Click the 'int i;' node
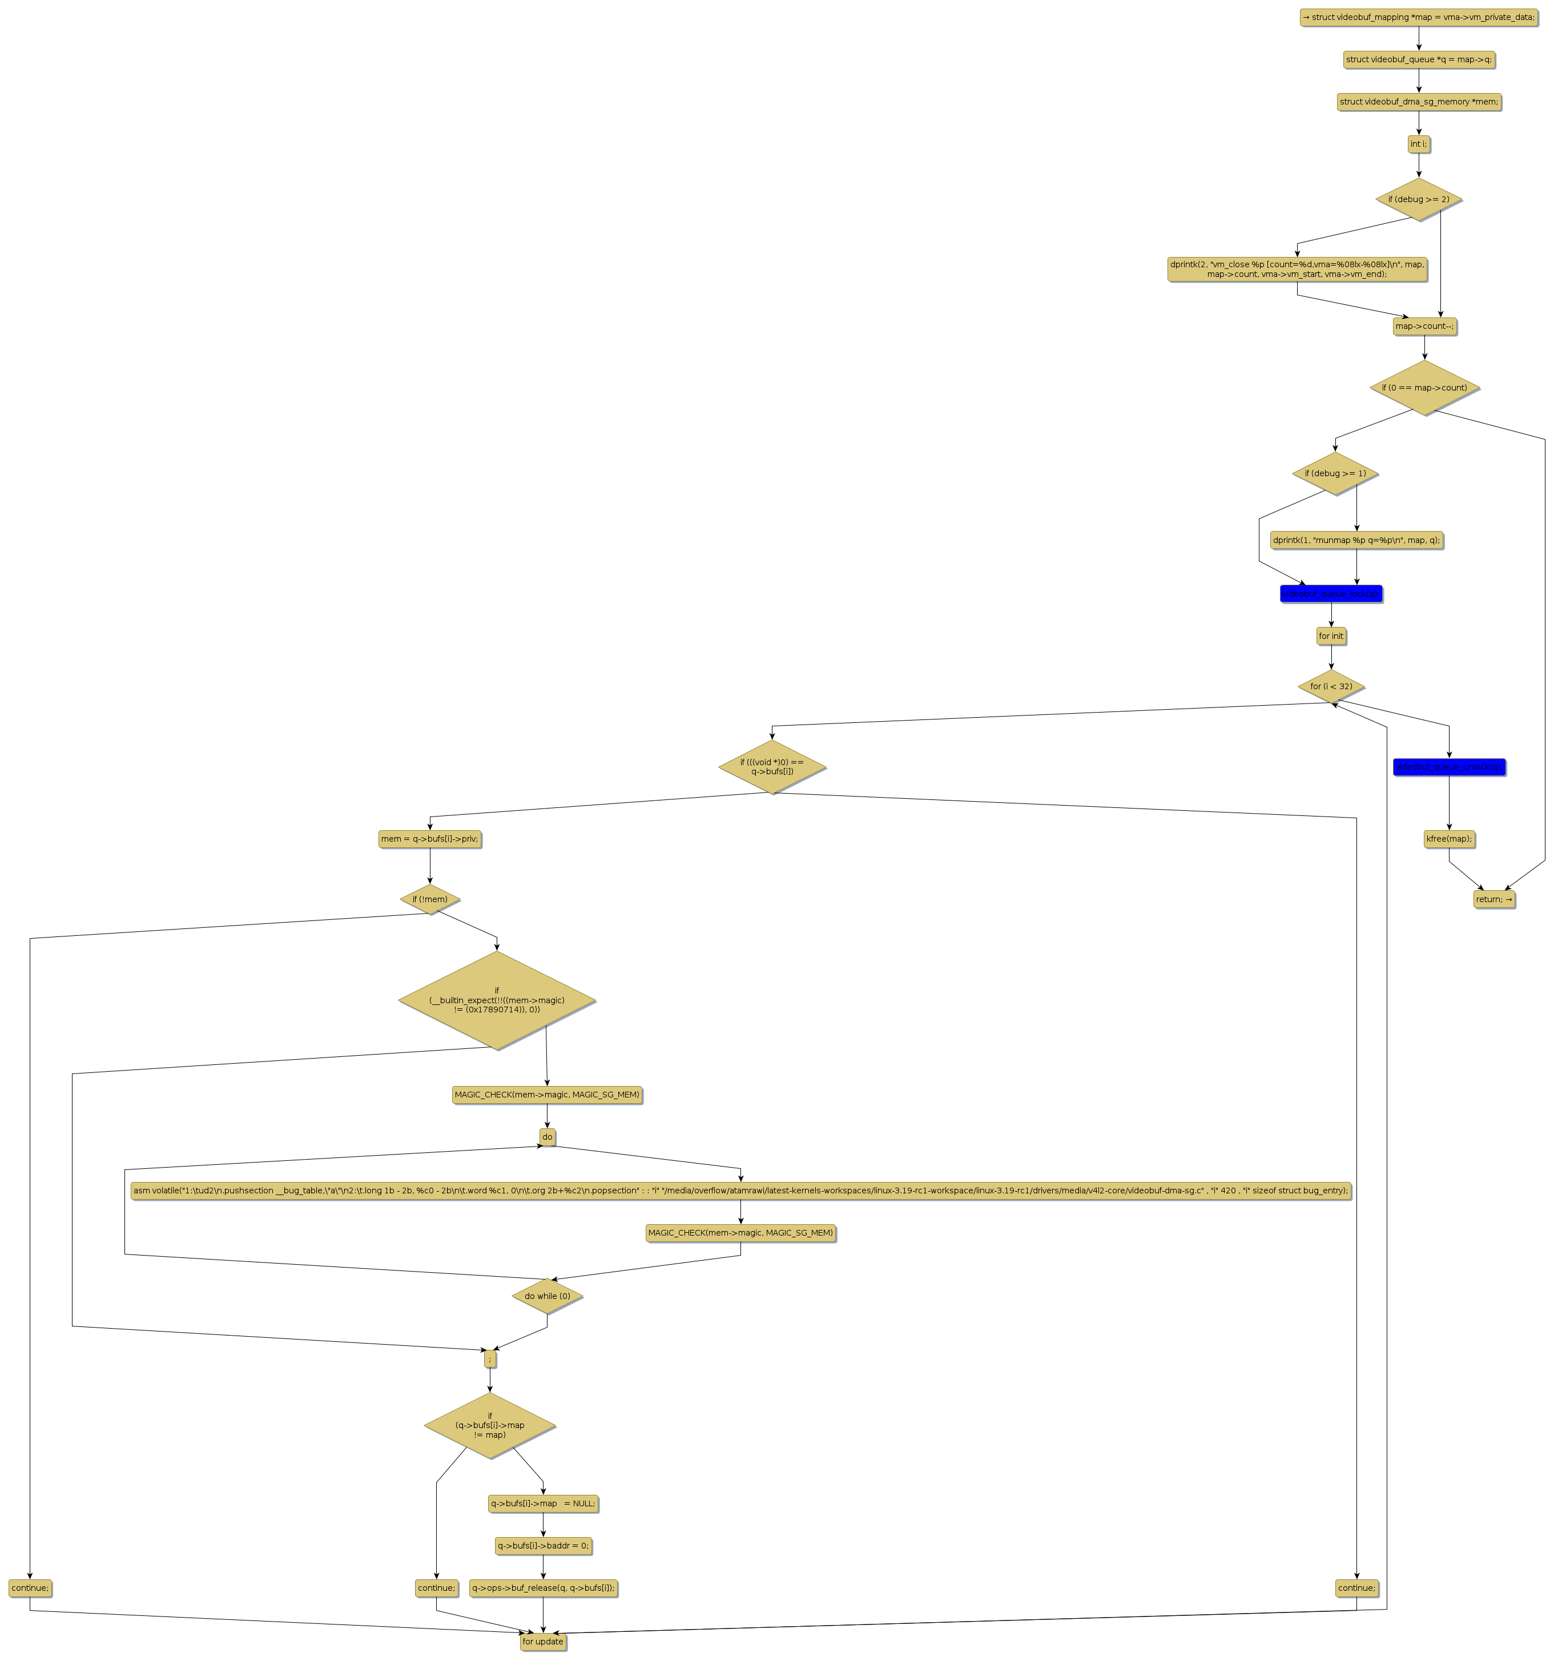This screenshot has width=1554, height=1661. [x=1418, y=144]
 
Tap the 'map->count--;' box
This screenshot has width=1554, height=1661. [x=1424, y=327]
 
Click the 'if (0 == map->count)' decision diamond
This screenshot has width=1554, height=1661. [x=1424, y=388]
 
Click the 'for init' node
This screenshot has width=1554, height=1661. [x=1330, y=637]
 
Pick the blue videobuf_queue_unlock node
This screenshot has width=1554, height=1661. [x=1448, y=767]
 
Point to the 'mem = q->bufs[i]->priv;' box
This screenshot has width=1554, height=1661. [x=429, y=839]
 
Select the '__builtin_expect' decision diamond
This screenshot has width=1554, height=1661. [x=496, y=1000]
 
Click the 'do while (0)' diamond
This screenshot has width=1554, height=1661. [x=546, y=1297]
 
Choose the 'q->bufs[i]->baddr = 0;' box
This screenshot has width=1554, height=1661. [x=542, y=1546]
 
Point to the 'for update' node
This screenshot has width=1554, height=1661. [x=542, y=1642]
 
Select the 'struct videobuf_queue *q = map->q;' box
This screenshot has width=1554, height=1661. [x=1418, y=60]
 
